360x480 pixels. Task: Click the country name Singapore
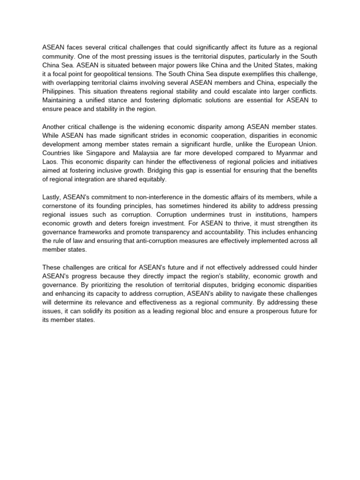pos(111,153)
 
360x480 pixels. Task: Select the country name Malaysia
pos(154,153)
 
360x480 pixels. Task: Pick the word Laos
pos(50,162)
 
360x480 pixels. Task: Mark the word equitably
pos(151,180)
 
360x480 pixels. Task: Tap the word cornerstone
pos(61,206)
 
